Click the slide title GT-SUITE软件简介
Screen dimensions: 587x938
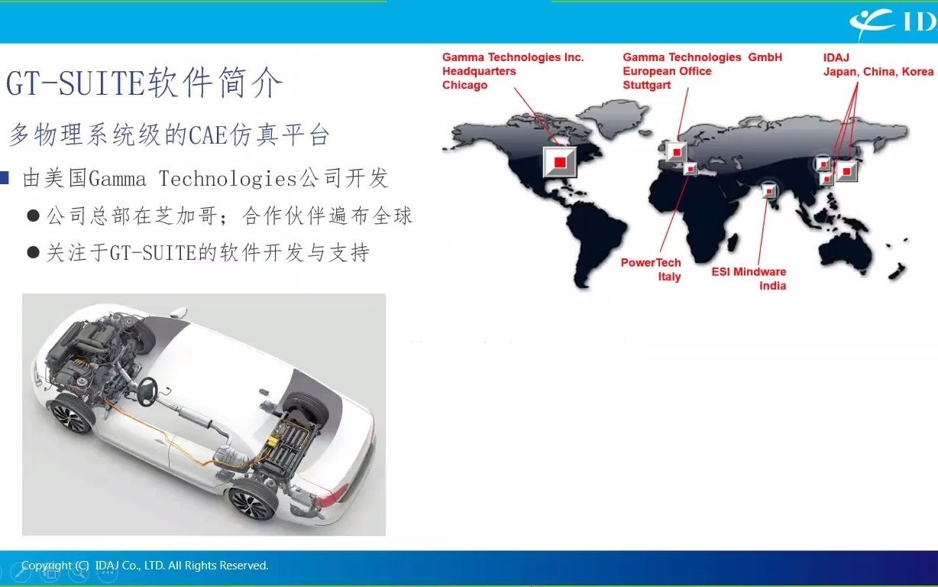[x=144, y=83]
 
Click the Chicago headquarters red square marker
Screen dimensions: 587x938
[x=560, y=161]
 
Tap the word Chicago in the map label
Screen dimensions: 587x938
[x=464, y=85]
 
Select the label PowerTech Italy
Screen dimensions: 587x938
[x=651, y=269]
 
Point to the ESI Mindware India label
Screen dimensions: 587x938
[x=749, y=278]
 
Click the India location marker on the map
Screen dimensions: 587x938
[x=769, y=191]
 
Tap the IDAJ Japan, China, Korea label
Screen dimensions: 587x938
[x=878, y=64]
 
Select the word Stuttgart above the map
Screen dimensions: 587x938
[x=646, y=85]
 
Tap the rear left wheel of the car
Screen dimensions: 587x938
[x=251, y=502]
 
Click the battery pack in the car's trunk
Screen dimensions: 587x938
[x=293, y=443]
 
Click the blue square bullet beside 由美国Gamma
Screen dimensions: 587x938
[x=5, y=179]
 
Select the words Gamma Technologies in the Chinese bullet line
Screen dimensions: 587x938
[x=192, y=179]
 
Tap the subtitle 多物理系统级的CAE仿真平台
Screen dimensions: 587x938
[x=169, y=135]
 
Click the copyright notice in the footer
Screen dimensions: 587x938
[x=145, y=566]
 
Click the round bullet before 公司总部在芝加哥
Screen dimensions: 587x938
[x=33, y=216]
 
